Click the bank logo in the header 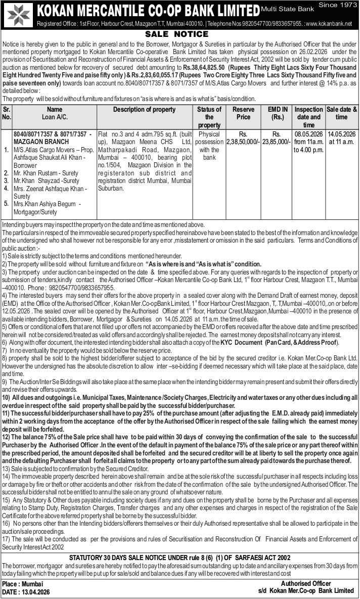coord(17,14)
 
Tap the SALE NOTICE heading coord(177,34)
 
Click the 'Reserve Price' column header coord(243,113)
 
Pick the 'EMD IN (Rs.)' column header coord(277,113)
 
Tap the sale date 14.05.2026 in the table coord(341,134)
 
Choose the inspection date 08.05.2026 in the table coord(308,134)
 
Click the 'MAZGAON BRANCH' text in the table coord(38,142)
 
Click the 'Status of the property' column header coord(209,117)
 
